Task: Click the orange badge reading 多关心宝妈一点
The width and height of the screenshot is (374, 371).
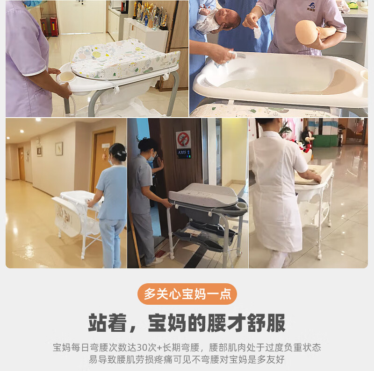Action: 187,294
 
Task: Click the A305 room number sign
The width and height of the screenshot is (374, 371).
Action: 183,153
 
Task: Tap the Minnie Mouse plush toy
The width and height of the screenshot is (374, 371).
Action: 307,140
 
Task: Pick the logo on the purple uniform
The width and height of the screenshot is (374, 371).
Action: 311,7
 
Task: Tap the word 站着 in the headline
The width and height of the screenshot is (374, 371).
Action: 108,322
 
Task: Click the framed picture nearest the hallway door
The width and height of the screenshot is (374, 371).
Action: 59,148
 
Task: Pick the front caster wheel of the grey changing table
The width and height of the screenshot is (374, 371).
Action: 172,256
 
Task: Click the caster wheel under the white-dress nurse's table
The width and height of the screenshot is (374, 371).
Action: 319,256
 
